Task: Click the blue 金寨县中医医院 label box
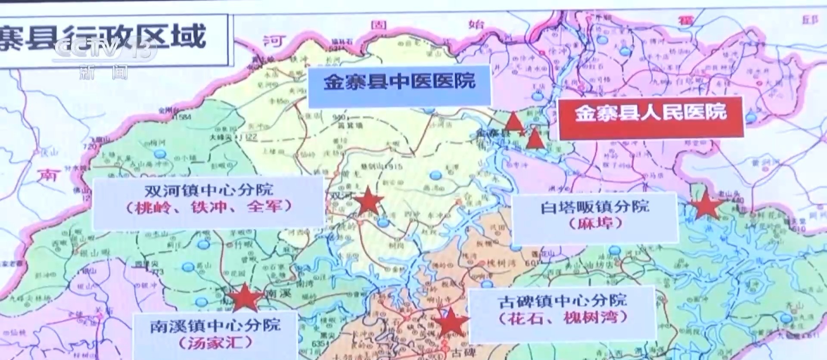399,85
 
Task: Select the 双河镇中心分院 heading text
208,191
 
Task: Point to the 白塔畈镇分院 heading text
595,207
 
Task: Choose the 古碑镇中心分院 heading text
562,301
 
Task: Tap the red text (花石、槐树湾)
563,318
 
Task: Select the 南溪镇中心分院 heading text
215,326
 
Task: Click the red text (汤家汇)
215,343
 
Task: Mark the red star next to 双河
368,201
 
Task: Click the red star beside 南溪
244,297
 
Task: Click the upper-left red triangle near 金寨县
513,122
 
